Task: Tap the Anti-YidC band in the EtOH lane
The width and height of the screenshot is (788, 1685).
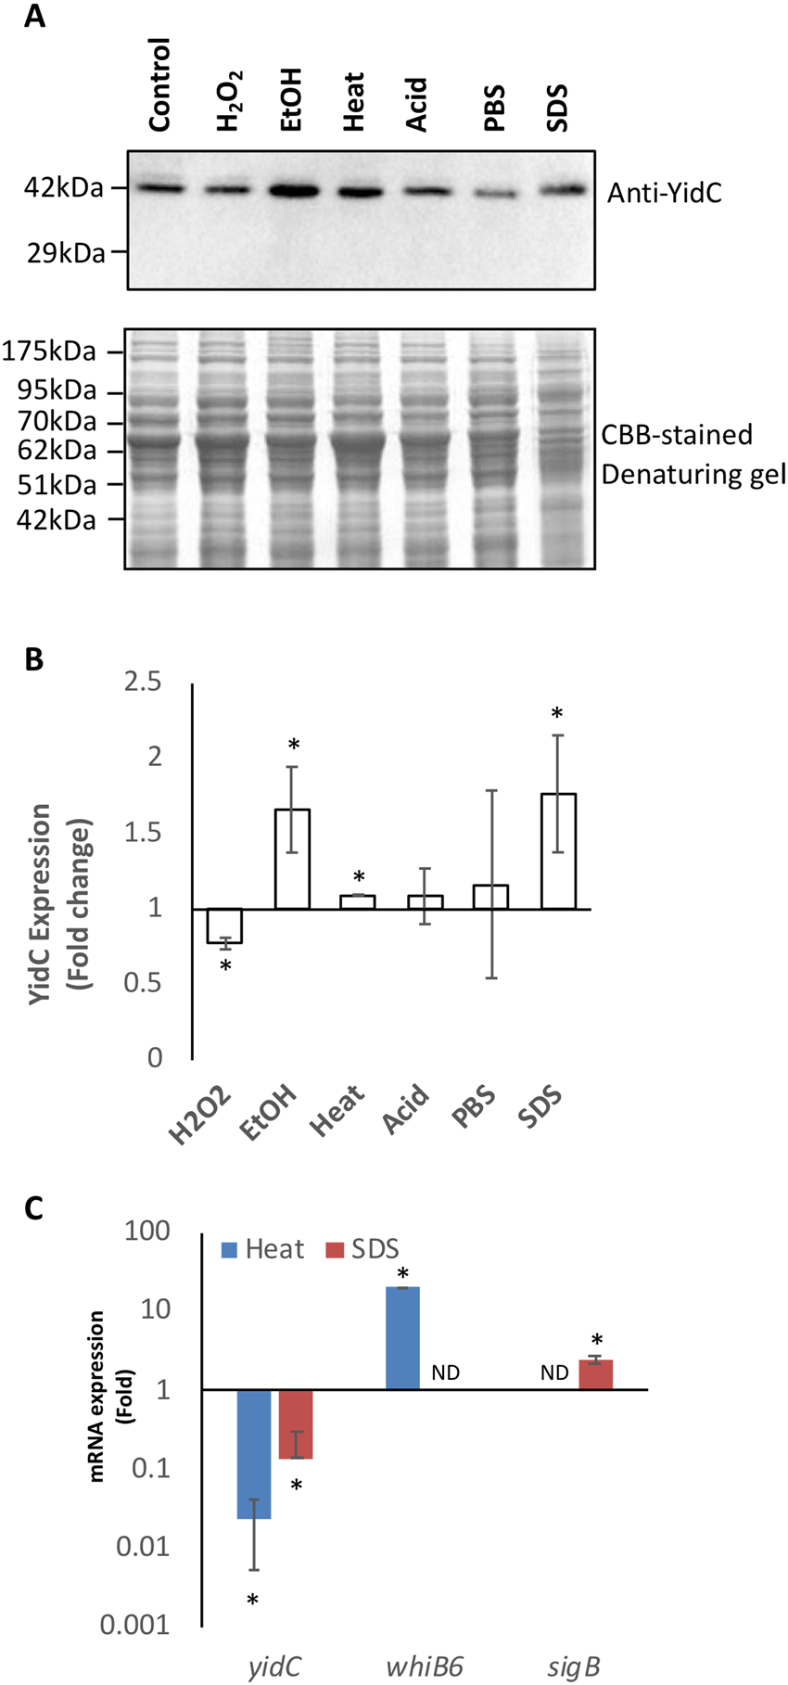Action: (292, 191)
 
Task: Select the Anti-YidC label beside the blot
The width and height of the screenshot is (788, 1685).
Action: (664, 193)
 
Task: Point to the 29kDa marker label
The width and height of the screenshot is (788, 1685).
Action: (65, 252)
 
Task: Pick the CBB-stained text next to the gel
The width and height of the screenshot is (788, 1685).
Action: (677, 434)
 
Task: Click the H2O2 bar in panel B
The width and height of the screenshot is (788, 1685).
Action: (224, 925)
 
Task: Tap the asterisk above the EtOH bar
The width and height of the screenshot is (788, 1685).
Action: (293, 746)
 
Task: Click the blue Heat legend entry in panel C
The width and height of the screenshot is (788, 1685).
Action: (262, 1249)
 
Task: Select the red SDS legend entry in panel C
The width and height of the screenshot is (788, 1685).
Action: (362, 1249)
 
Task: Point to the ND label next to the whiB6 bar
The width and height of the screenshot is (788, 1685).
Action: (445, 1372)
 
